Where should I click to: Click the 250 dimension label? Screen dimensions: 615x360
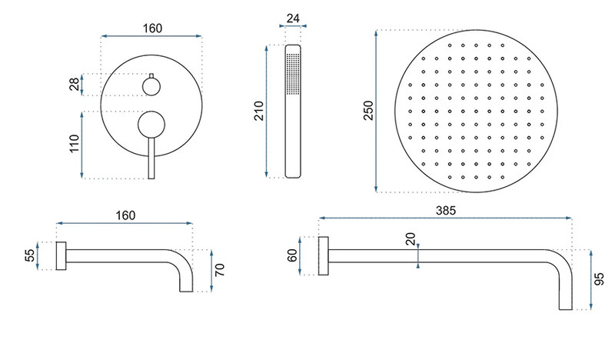(x=369, y=110)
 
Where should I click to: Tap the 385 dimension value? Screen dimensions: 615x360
(x=446, y=211)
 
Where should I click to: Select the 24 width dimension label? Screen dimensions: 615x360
(x=293, y=18)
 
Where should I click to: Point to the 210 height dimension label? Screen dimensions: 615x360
(x=259, y=111)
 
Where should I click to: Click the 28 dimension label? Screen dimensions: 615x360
(x=74, y=85)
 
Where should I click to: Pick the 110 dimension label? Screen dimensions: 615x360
(x=74, y=144)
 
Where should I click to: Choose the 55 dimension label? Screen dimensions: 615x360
(x=30, y=255)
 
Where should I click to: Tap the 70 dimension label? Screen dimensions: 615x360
(x=220, y=270)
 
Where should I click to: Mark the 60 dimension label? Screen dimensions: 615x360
(x=292, y=255)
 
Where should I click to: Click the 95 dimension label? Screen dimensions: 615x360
(x=600, y=279)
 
